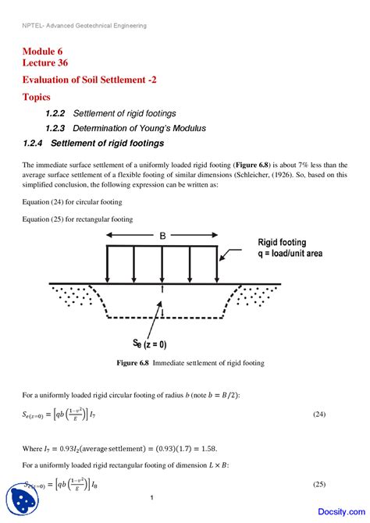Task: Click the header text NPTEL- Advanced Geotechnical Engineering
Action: tap(84, 25)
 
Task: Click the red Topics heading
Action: tap(37, 98)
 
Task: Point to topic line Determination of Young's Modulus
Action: tap(139, 128)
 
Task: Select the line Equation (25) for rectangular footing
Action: tap(78, 219)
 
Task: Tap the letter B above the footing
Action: tap(162, 234)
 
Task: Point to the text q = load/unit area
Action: tap(289, 254)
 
